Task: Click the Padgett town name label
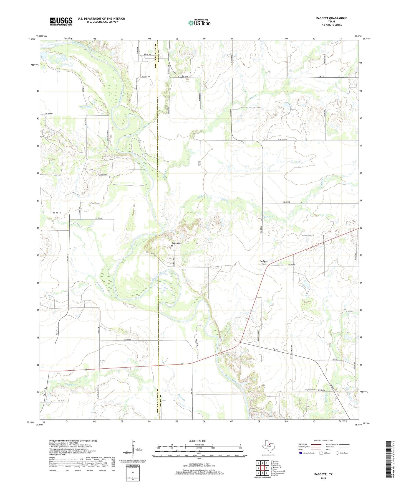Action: (x=264, y=261)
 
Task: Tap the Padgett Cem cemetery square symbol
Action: (x=172, y=246)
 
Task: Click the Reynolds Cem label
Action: (x=311, y=390)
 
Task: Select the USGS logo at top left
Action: (x=61, y=21)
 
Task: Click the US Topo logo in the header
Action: (x=199, y=22)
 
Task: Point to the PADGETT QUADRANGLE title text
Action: (x=331, y=18)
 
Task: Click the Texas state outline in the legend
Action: (x=268, y=448)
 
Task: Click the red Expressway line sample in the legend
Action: (x=316, y=444)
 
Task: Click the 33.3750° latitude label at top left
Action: (x=32, y=39)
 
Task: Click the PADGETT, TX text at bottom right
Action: (x=323, y=474)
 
